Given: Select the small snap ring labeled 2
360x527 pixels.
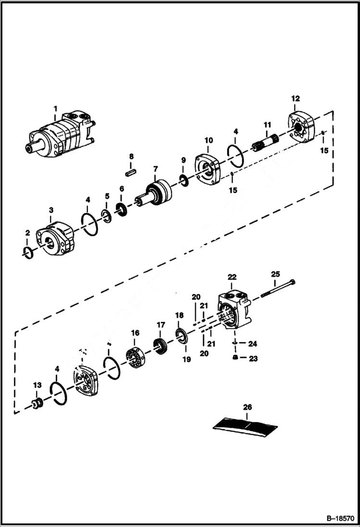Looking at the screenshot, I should point(28,251).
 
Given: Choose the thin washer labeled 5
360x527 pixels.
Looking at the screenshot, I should point(107,215).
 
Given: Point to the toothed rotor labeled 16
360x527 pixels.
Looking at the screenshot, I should point(137,357).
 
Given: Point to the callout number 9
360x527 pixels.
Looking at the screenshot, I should point(183,160).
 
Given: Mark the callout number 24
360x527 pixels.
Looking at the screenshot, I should point(253,343).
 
